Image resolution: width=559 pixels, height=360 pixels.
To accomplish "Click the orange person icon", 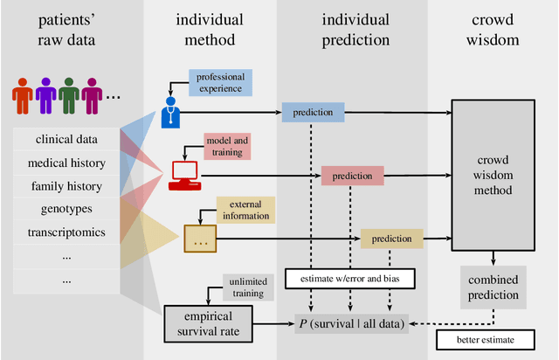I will pos(24,95).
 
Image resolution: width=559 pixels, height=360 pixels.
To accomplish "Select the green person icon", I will pos(69,95).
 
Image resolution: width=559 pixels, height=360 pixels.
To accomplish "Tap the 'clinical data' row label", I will pos(67,139).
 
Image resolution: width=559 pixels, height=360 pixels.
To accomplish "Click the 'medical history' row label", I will pos(67,163).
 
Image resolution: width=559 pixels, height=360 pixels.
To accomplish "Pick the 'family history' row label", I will pos(67,186).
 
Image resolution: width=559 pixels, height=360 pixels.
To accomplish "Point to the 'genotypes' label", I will pos(67,210).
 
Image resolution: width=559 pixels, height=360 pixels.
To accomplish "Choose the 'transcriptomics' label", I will pos(67,233).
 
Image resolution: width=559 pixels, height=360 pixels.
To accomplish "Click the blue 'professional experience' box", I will pos(220,82).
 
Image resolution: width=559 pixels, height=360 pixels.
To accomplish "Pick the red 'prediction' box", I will pos(353,176).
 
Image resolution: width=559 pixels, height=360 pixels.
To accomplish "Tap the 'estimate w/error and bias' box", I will pos(350,280).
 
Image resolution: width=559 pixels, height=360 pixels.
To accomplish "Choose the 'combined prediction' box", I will pos(494,287).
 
